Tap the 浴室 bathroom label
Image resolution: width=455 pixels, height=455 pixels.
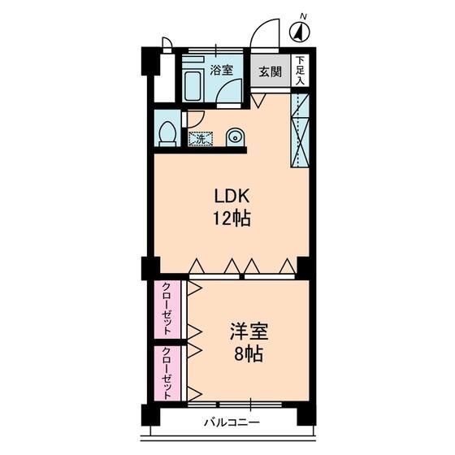(222, 70)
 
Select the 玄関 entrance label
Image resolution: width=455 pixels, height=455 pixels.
(271, 71)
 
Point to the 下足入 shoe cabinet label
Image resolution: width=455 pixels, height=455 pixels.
(301, 71)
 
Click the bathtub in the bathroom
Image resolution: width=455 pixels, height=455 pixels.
(193, 82)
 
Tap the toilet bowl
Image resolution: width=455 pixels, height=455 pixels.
(168, 133)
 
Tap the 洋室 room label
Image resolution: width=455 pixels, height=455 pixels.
(247, 332)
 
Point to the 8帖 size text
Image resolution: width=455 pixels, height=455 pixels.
(247, 355)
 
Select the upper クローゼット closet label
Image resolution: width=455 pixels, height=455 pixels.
(167, 309)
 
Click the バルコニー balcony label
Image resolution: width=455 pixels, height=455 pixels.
(231, 423)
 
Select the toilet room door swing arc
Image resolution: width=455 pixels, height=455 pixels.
(192, 119)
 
